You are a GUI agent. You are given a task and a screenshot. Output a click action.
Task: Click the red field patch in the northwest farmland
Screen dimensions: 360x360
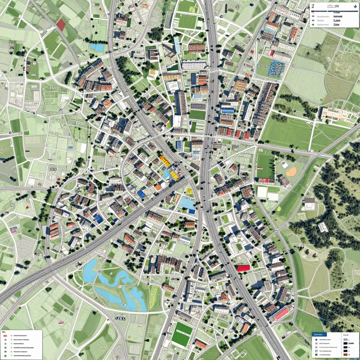click(61, 25)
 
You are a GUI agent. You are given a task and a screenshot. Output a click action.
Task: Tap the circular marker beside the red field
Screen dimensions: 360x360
click(45, 32)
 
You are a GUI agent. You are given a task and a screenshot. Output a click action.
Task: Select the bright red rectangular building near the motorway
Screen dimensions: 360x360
click(243, 268)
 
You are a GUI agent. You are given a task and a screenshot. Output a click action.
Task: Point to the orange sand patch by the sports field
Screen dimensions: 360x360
click(291, 172)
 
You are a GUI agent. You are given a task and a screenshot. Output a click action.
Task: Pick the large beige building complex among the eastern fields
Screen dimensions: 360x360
click(334, 114)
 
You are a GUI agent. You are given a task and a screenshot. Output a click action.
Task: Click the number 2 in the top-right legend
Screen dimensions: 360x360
click(313, 6)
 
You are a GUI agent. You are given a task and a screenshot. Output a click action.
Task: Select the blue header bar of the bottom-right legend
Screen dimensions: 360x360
click(319, 334)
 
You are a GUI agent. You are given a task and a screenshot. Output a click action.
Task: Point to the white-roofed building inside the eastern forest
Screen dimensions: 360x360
click(323, 227)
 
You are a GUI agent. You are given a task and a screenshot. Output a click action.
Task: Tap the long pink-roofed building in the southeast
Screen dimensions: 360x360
click(281, 313)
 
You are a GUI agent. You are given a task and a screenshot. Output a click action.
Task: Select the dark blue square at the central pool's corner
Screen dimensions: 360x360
click(192, 211)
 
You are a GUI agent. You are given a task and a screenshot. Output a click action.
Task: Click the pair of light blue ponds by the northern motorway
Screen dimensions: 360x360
click(97, 47)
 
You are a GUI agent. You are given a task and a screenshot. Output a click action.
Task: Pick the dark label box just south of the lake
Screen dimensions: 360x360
click(121, 318)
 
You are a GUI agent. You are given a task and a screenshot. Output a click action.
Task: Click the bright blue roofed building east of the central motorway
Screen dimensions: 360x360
click(227, 111)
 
